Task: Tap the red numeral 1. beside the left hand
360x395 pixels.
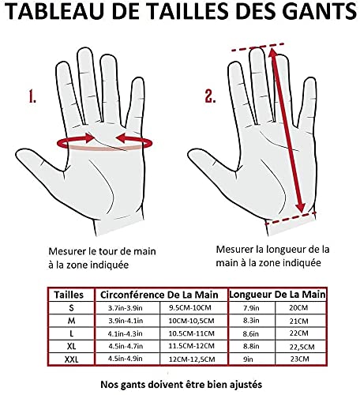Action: point(32,96)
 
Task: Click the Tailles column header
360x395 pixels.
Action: point(69,295)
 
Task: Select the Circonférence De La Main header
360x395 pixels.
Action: point(159,295)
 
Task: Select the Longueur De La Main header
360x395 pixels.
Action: point(277,294)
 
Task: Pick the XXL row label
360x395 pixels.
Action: point(71,359)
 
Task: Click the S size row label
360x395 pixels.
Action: point(71,308)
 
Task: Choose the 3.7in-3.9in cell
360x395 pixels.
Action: point(126,308)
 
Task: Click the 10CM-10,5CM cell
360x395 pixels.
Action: point(191,321)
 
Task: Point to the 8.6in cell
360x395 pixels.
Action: point(251,333)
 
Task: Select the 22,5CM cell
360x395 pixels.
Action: point(302,347)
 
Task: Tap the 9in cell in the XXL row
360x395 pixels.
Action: point(248,359)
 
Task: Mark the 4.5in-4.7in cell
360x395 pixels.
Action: point(126,346)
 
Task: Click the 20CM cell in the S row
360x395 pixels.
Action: point(298,307)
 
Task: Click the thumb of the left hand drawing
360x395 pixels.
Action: point(39,164)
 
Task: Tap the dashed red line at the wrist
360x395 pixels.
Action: point(291,218)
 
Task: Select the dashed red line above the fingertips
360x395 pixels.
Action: point(258,47)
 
